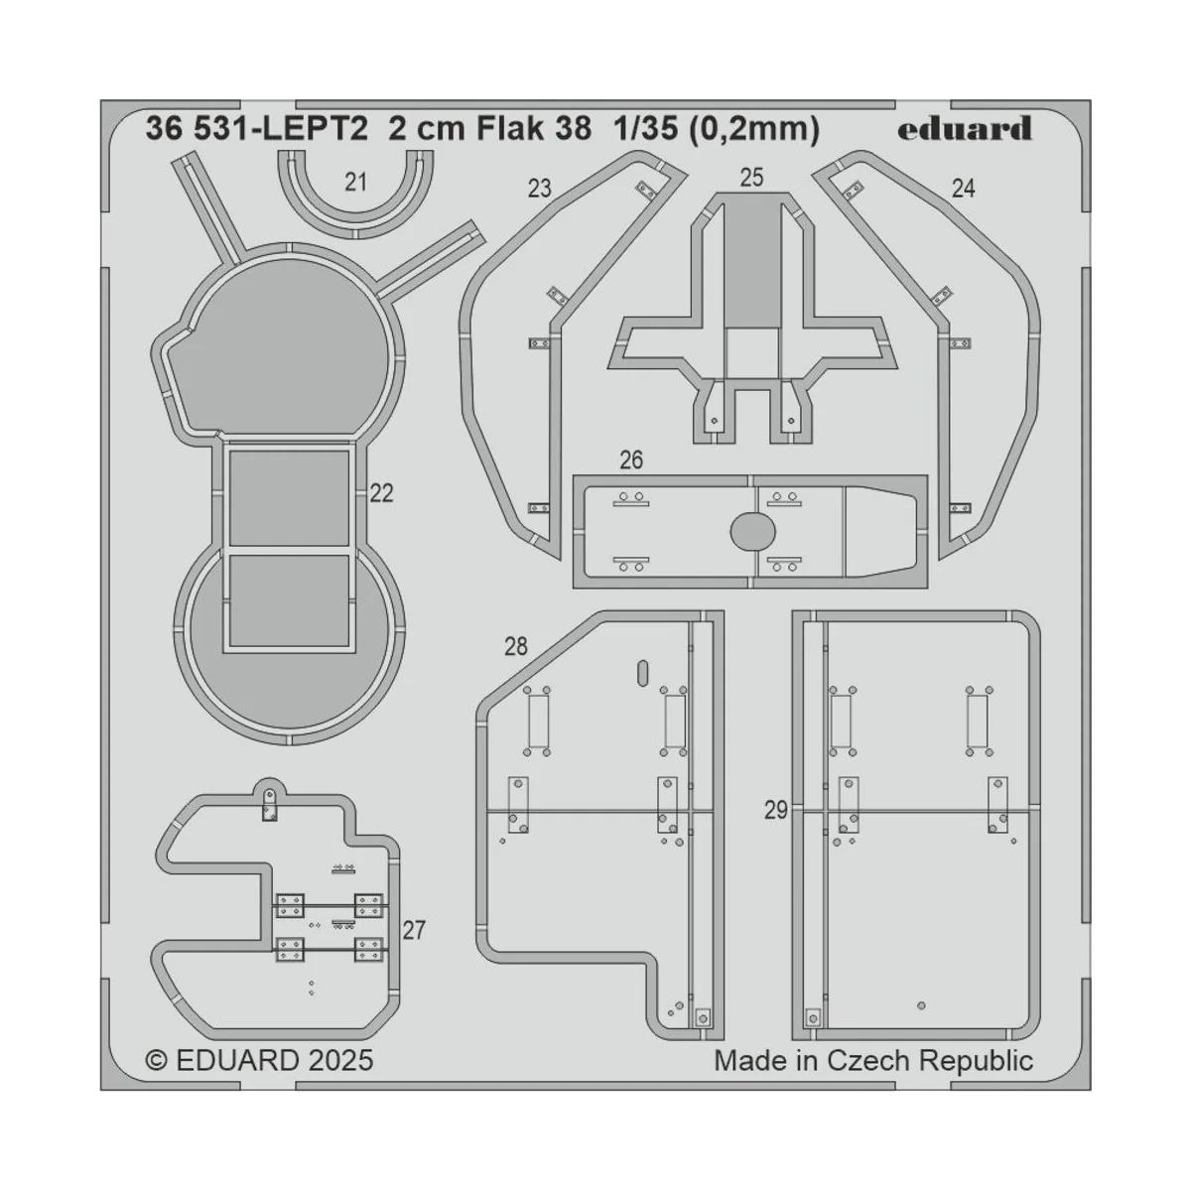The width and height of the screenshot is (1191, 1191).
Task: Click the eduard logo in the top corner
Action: click(965, 129)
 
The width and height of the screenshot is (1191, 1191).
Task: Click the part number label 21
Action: click(356, 182)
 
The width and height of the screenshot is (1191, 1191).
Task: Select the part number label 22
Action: click(381, 493)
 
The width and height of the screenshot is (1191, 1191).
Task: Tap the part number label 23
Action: click(539, 189)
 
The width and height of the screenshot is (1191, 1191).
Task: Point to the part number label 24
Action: click(963, 189)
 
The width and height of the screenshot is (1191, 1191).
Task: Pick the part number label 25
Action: click(751, 178)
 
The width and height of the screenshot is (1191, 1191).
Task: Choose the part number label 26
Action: click(631, 461)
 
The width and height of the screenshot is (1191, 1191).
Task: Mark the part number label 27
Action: click(414, 930)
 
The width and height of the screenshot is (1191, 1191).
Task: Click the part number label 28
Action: click(515, 647)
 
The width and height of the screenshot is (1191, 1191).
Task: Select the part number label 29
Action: click(776, 810)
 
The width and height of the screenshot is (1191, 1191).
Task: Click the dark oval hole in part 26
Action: click(753, 532)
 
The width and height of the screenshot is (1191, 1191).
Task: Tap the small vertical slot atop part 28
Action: click(642, 672)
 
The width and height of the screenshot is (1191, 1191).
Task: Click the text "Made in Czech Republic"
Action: click(873, 1060)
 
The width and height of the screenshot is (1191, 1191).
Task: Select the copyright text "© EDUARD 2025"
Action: click(260, 1060)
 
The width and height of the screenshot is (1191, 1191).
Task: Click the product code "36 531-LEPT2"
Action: click(256, 129)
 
